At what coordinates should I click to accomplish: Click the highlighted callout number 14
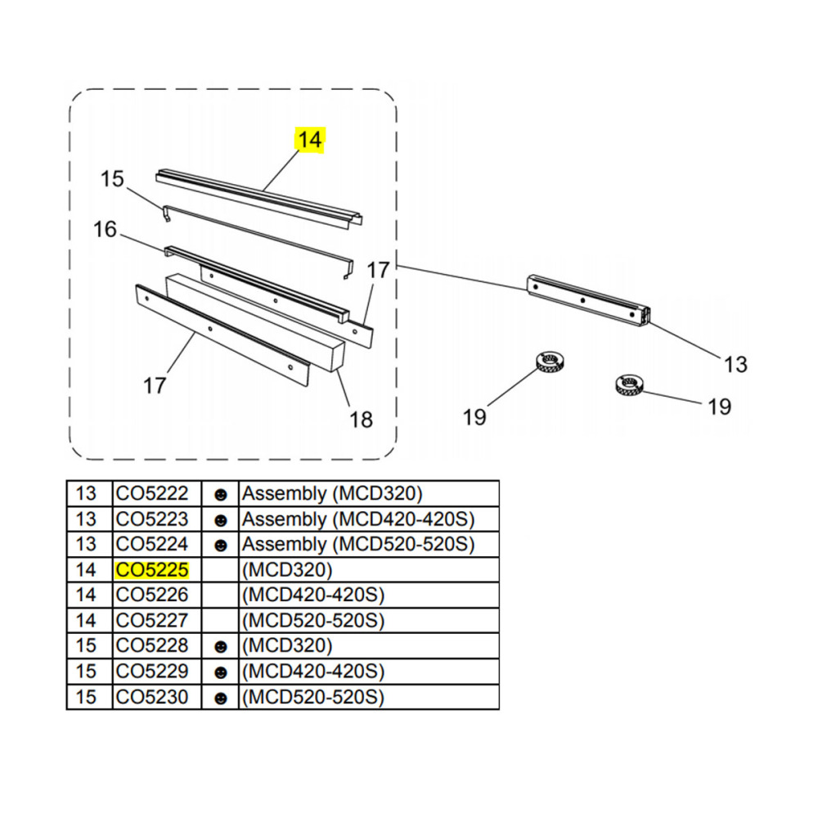[310, 140]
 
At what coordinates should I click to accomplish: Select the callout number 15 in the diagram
[112, 179]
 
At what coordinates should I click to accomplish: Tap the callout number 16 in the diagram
[105, 230]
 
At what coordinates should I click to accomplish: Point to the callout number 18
[361, 420]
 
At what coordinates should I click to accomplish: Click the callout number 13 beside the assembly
[735, 364]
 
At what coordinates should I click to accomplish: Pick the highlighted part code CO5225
[152, 569]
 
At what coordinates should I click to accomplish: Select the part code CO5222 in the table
[152, 493]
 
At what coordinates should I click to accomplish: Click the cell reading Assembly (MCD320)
[332, 493]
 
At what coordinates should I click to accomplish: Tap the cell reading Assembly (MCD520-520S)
[358, 544]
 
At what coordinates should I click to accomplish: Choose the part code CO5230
[152, 697]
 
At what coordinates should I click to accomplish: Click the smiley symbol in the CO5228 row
[221, 647]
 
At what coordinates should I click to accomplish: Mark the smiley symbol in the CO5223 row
[221, 520]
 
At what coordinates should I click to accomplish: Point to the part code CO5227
[152, 620]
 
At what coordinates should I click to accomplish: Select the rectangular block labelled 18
[255, 323]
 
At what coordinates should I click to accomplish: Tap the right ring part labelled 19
[629, 384]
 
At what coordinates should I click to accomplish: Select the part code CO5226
[152, 596]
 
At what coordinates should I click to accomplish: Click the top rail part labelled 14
[259, 196]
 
